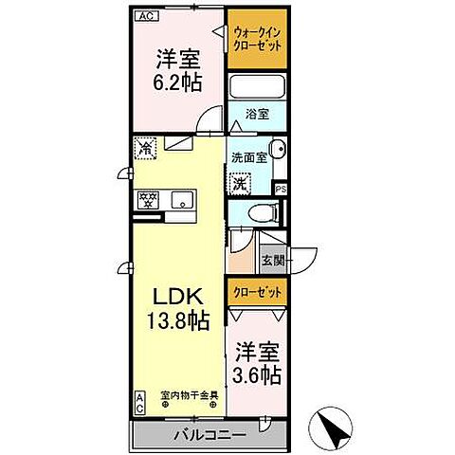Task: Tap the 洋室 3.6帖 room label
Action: pyautogui.click(x=258, y=362)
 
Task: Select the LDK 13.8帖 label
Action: pyautogui.click(x=175, y=304)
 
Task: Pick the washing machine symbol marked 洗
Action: pyautogui.click(x=241, y=182)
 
